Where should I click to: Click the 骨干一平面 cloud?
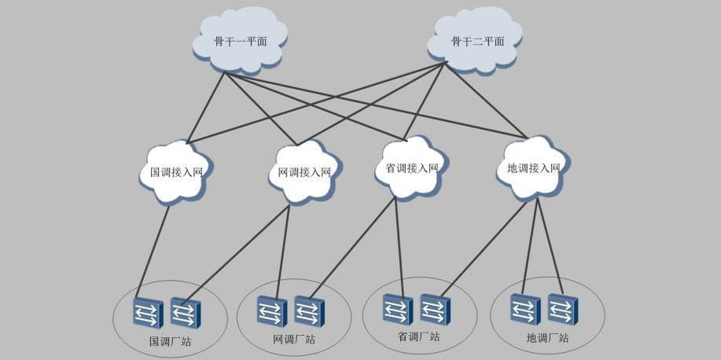pos(240,41)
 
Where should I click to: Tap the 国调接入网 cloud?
pos(177,171)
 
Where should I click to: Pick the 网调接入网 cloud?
pos(304,171)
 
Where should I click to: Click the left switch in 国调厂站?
pos(147,314)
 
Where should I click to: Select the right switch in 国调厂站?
pos(186,314)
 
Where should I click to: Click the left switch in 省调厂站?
pos(397,308)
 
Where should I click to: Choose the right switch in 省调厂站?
pos(434,308)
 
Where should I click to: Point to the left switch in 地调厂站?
pos(524,309)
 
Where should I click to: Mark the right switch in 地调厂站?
pos(563,309)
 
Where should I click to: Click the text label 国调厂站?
pos(170,342)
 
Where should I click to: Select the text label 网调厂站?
pos(293,340)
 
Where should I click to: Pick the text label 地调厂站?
pos(547,339)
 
